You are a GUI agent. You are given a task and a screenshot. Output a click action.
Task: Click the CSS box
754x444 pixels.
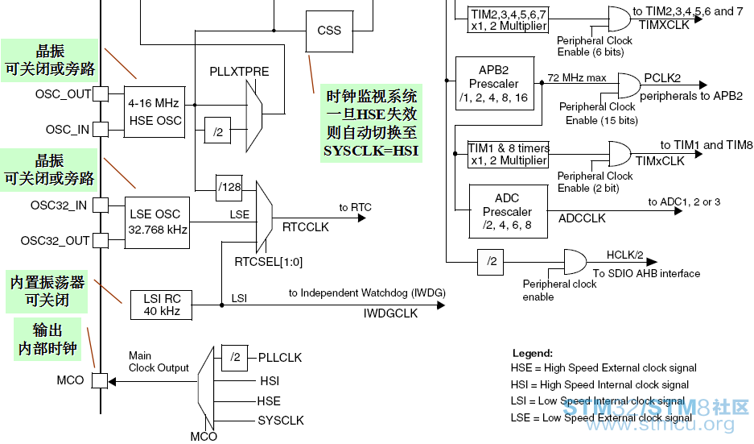[329, 31]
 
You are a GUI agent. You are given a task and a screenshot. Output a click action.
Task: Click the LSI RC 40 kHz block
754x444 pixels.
[162, 305]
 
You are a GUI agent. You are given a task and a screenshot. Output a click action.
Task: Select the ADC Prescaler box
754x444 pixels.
[507, 211]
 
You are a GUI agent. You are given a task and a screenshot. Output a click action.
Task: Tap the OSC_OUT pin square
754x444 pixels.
[101, 93]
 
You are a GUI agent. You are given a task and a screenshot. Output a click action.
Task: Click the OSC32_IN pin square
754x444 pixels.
[101, 205]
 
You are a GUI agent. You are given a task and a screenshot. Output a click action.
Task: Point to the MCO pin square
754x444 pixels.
[101, 380]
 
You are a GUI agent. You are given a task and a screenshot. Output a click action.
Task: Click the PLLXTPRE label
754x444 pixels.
[239, 72]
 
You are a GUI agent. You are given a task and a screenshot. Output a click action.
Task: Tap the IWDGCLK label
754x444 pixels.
[390, 313]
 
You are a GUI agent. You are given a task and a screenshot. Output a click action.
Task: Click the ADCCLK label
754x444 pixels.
[582, 218]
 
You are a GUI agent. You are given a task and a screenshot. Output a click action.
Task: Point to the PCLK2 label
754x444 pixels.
[662, 78]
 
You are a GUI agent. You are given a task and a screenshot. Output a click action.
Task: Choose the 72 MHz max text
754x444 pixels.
[577, 78]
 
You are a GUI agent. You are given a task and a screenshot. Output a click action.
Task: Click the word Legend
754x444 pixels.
[532, 353]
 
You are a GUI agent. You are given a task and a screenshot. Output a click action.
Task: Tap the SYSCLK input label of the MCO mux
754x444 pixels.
[281, 421]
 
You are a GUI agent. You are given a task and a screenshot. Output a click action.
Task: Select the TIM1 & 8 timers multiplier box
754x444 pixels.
[509, 154]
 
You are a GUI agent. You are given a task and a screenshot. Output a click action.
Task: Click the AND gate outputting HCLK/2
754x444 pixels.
[575, 262]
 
